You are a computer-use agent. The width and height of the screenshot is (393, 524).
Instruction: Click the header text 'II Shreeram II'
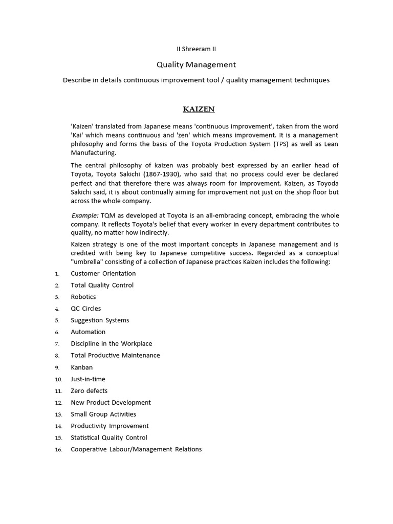196,49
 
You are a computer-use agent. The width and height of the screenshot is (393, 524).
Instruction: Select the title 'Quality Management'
196,64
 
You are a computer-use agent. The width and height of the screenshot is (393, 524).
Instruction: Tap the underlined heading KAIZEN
199,109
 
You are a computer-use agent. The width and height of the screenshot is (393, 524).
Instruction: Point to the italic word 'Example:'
84,215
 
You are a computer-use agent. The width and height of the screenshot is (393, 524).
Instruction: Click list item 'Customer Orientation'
103,273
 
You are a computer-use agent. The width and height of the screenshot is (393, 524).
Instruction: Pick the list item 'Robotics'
83,297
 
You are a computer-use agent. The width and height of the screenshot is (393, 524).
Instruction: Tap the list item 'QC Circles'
86,309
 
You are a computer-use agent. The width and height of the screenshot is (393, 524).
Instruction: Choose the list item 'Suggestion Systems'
100,320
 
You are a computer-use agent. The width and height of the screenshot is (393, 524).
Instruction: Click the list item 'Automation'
88,332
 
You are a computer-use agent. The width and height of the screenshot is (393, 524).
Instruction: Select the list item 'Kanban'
82,367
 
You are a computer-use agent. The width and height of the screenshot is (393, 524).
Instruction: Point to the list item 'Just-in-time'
88,379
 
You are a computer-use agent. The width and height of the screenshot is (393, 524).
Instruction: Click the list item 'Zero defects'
89,391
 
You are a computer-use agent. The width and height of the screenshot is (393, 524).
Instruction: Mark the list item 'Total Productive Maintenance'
115,355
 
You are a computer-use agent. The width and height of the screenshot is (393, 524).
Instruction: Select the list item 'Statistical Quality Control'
109,438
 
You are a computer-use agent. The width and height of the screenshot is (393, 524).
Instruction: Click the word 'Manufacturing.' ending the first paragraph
94,152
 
